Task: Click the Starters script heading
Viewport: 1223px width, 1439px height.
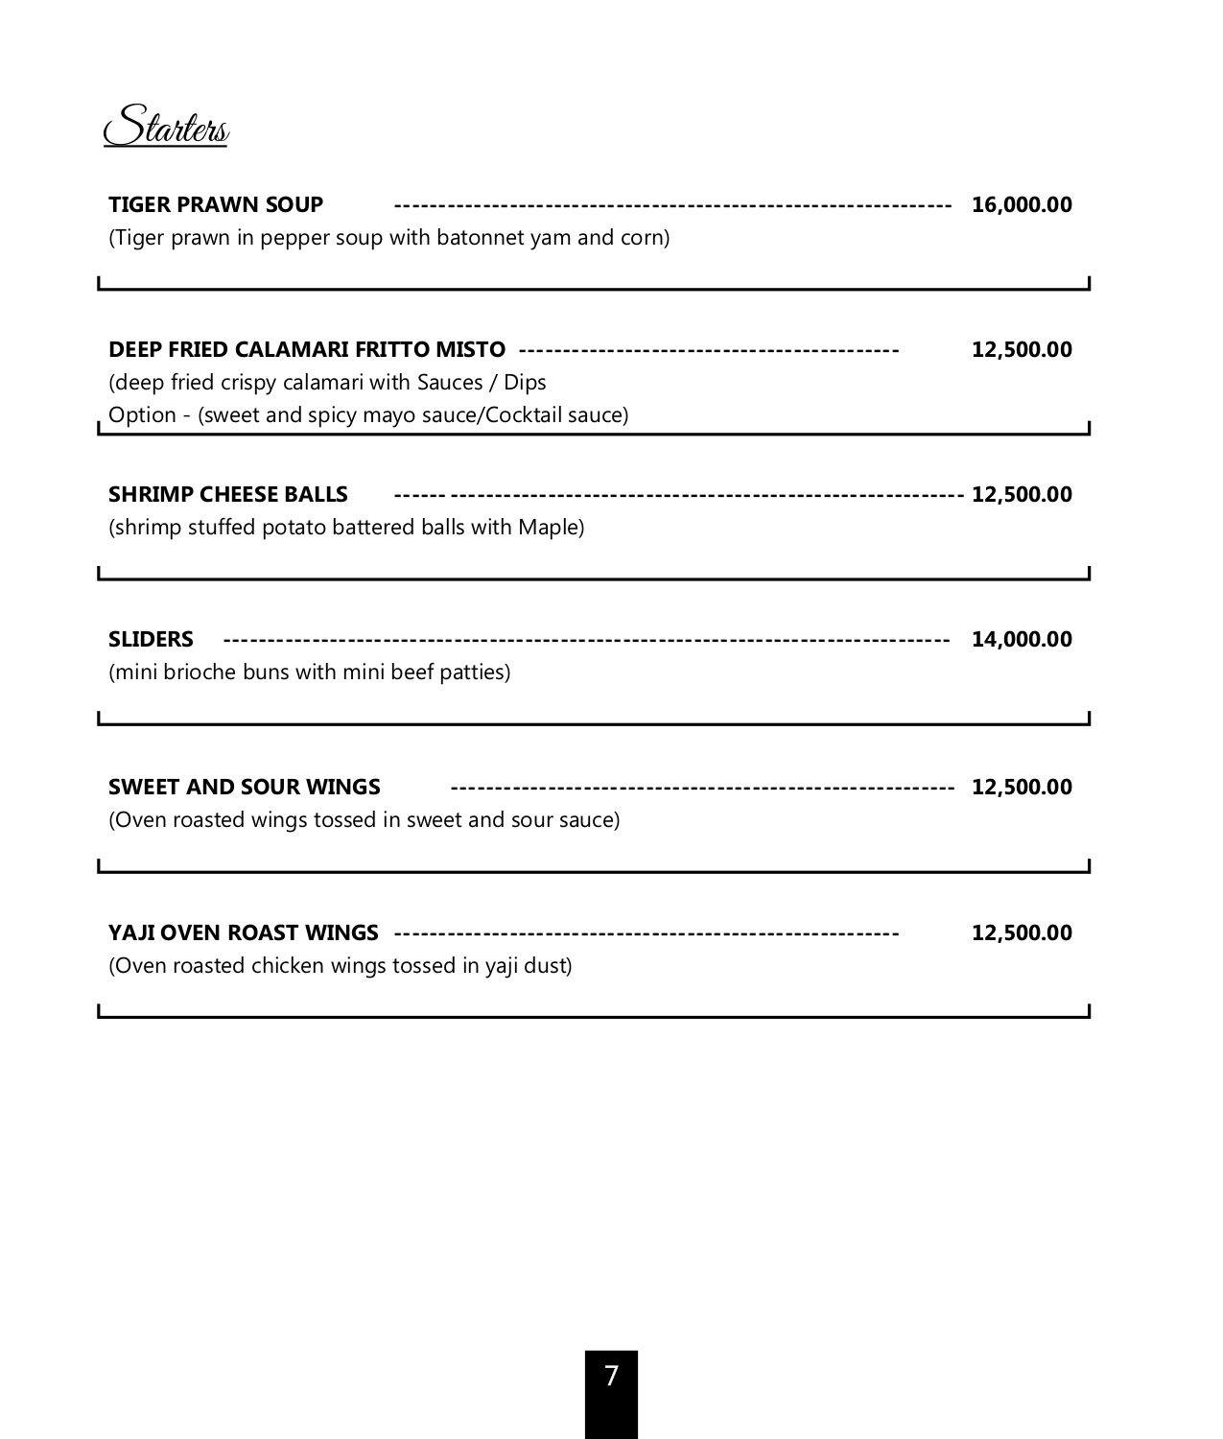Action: (x=166, y=128)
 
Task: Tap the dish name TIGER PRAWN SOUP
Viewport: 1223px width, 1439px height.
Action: (x=216, y=204)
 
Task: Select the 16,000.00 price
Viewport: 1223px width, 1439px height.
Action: (x=1022, y=204)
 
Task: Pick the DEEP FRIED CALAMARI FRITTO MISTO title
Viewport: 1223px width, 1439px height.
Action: (x=307, y=349)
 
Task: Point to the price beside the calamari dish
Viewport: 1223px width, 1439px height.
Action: (x=1022, y=349)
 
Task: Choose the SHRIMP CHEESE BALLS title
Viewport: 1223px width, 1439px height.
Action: (x=228, y=494)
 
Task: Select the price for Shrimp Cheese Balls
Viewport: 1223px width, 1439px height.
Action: (x=1022, y=494)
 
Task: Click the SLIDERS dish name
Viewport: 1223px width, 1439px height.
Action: (x=151, y=639)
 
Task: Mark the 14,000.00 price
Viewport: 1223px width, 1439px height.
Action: (x=1022, y=639)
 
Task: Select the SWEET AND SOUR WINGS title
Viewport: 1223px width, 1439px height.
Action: (x=245, y=787)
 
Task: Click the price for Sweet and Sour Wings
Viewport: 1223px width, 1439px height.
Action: (x=1022, y=787)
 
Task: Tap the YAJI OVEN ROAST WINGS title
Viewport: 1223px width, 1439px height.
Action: (x=244, y=932)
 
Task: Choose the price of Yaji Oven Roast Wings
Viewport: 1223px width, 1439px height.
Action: (x=1022, y=932)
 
